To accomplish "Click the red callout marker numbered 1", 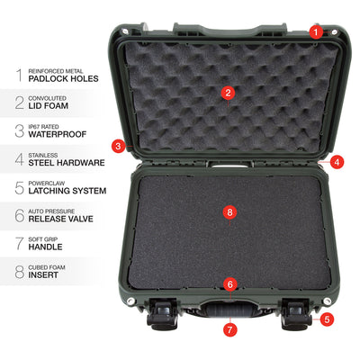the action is point(315,31).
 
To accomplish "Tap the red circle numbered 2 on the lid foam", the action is point(228,93).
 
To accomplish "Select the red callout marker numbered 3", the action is point(118,146).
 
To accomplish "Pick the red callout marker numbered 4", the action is point(337,162).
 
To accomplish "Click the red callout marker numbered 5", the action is point(327,319).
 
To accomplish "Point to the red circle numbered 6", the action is point(230,284).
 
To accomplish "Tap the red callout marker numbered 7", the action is point(230,330).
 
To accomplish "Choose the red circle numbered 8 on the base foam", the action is point(230,212).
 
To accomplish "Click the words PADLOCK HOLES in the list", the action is point(63,79).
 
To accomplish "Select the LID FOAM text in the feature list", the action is point(49,106).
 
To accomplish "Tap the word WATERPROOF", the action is point(58,134).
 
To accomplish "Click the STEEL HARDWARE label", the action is point(67,163).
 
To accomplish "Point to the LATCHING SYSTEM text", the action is point(67,191).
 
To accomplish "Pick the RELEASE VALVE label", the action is point(60,219).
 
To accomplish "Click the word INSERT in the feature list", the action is point(43,275).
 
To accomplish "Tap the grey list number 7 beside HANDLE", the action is point(20,243).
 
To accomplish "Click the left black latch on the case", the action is point(163,314).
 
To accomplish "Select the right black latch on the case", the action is point(297,314).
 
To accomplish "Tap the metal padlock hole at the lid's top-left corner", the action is point(125,31).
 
